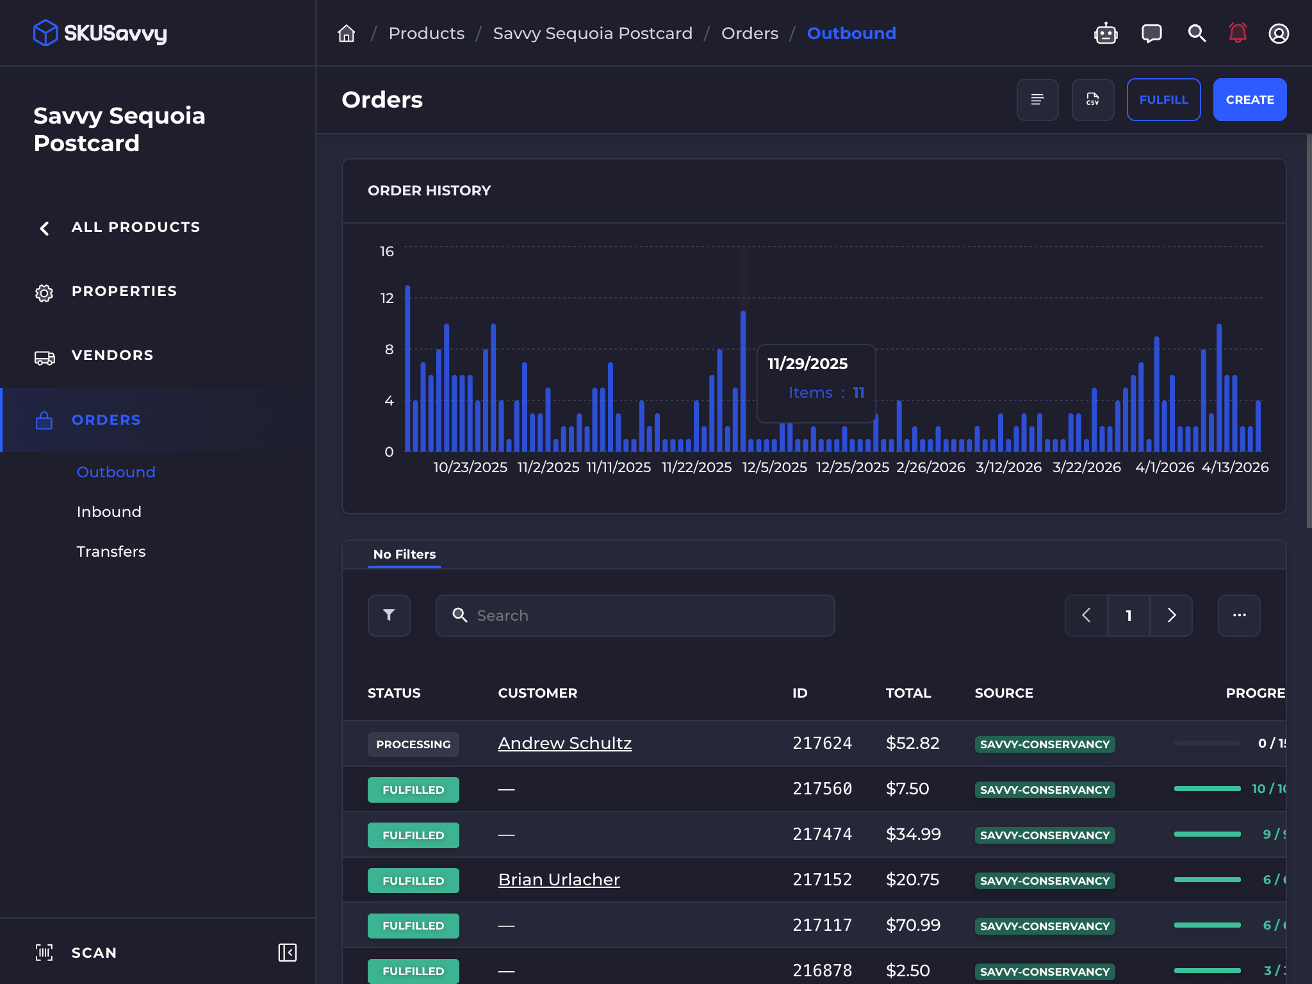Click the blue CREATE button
[1249, 99]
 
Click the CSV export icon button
[1092, 99]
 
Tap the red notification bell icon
[1237, 33]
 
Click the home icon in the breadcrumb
[346, 33]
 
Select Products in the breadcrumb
[426, 33]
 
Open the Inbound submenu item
[109, 512]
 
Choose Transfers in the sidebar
[111, 552]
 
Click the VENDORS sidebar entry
[112, 356]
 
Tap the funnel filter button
[389, 616]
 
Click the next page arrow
[1171, 616]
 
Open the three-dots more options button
[1239, 616]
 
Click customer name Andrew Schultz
[564, 743]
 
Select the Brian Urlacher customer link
[559, 880]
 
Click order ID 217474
[822, 834]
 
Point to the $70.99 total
[913, 925]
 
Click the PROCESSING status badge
[413, 744]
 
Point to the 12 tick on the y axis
[387, 299]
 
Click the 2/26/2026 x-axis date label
[930, 468]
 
